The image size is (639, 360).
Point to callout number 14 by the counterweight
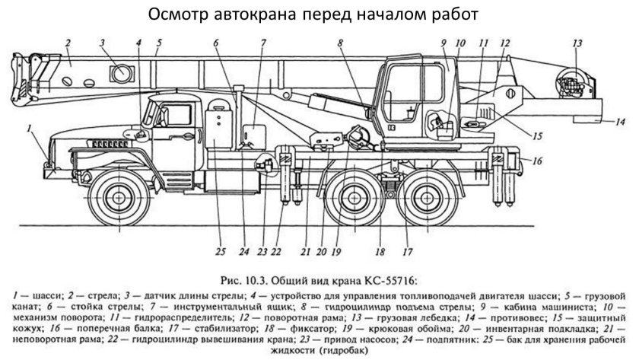coord(620,121)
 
